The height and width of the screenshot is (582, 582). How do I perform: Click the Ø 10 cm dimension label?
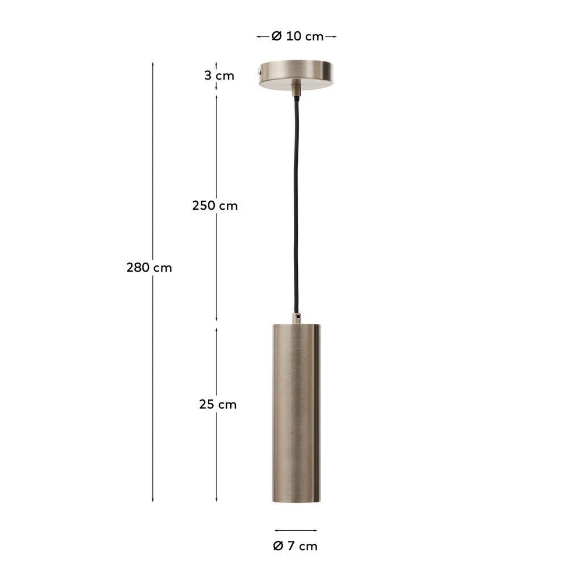pos(297,36)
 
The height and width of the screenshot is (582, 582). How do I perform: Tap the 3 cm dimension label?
pos(219,76)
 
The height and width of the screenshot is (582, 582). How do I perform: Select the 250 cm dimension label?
pos(215,206)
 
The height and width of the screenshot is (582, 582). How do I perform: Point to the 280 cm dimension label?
pos(149,267)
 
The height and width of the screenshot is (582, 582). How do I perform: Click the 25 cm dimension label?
pos(218,405)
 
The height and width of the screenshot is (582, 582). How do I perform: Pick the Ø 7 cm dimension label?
pos(296,546)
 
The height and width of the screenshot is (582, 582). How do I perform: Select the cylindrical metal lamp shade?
pos(296,413)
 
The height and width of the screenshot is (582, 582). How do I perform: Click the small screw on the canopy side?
pos(260,72)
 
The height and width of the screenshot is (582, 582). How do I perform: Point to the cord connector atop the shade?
pos(296,317)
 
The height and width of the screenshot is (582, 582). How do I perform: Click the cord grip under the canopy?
pos(296,89)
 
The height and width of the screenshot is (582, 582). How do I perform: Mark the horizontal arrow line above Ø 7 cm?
pos(296,531)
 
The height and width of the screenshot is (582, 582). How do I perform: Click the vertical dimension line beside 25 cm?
pos(217,455)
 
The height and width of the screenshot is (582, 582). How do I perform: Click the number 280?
pos(138,267)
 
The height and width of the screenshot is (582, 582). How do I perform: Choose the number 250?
pos(203,206)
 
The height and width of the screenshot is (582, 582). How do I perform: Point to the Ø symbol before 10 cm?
pos(277,36)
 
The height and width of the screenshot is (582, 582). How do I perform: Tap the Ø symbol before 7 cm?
pos(278,546)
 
